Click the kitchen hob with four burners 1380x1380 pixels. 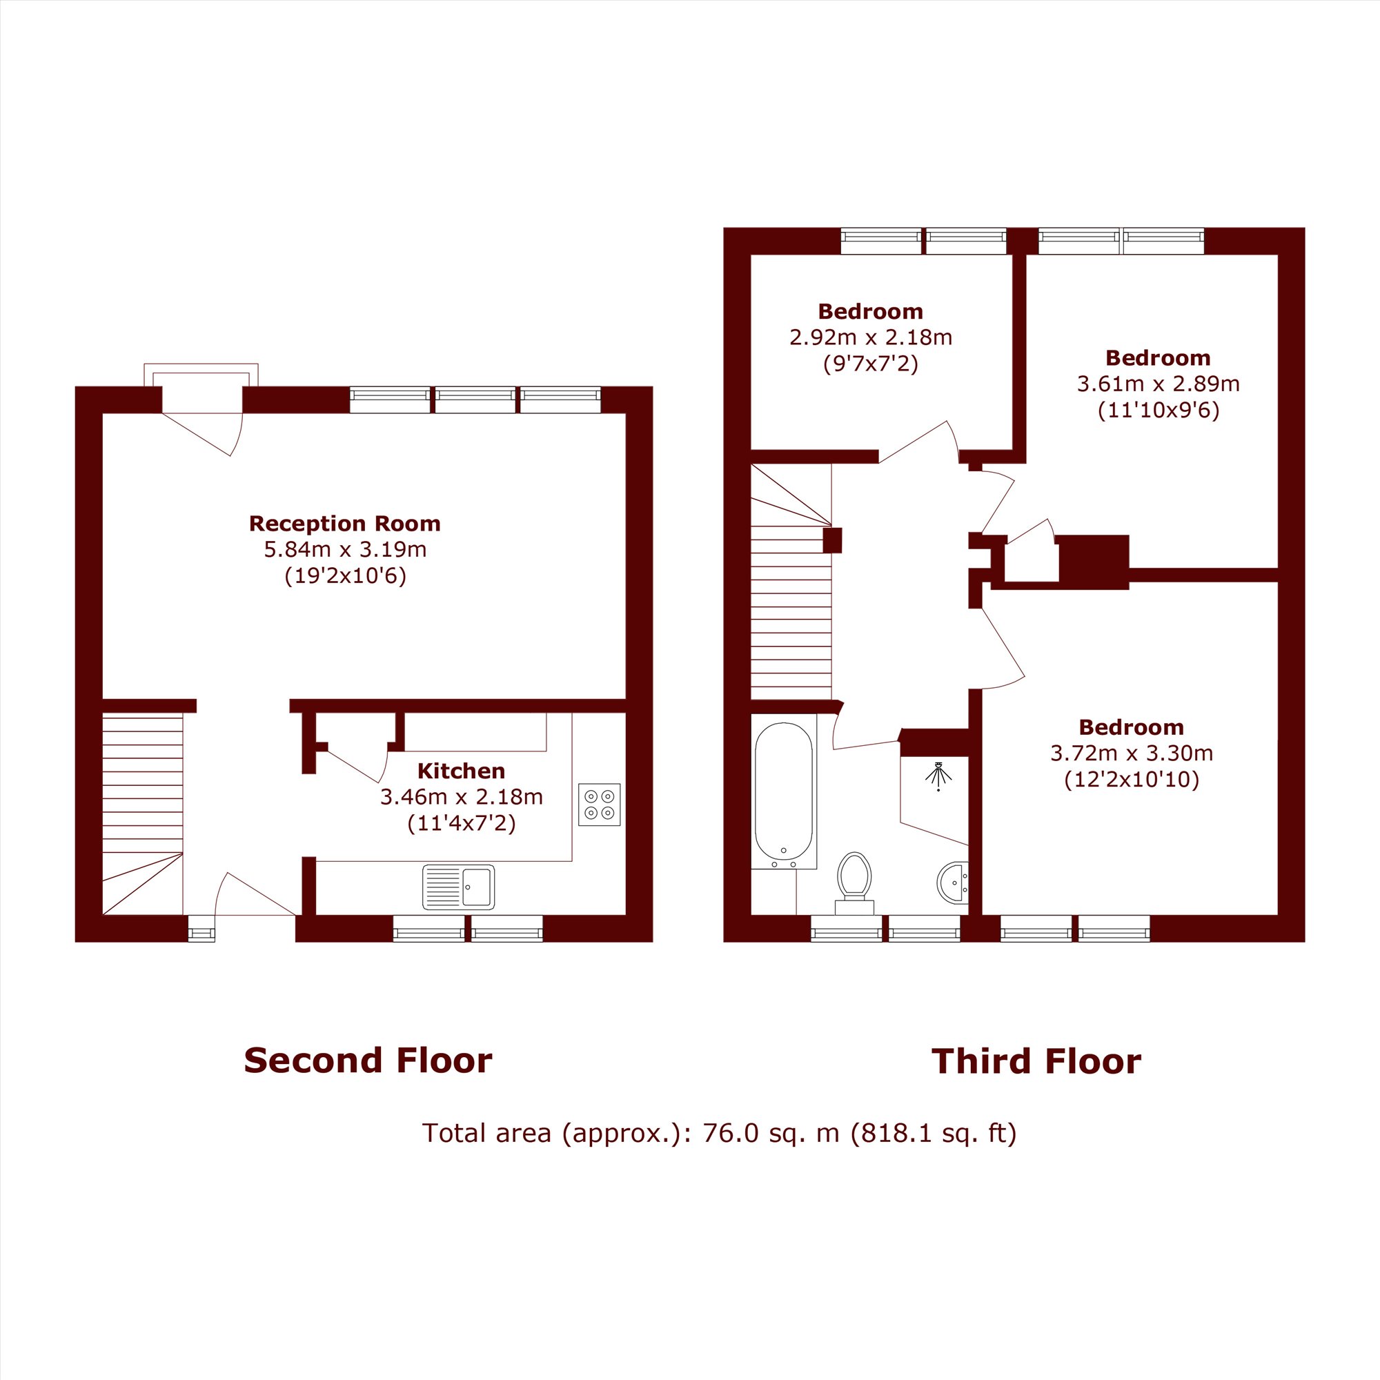click(600, 805)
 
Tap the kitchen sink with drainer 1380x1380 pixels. click(459, 887)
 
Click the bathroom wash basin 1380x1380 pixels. click(953, 883)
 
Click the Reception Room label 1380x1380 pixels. click(344, 524)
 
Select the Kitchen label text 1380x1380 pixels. click(461, 771)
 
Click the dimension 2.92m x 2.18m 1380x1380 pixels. click(871, 337)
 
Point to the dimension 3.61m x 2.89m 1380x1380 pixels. click(1158, 384)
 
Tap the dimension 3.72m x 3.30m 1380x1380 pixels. click(1132, 753)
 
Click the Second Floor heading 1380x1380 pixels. click(368, 1061)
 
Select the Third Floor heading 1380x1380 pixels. click(1036, 1061)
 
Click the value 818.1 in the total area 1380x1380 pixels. click(889, 1133)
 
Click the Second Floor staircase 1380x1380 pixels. click(143, 814)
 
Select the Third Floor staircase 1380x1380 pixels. click(791, 582)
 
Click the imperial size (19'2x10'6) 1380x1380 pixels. click(345, 575)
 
